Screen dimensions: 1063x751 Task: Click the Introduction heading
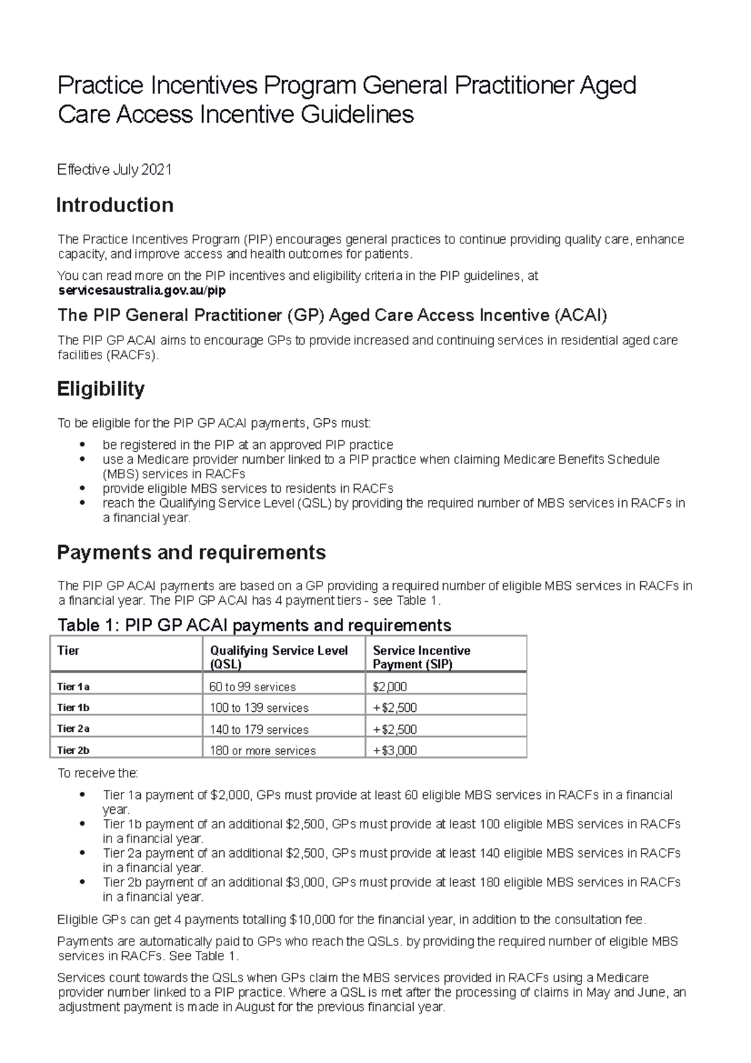click(115, 205)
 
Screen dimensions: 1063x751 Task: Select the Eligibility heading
click(101, 389)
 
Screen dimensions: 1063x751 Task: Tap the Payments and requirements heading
click(191, 552)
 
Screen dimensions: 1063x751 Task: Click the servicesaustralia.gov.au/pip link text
click(141, 290)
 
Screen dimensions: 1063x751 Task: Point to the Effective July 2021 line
click(115, 170)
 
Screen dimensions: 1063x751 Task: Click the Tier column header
click(68, 650)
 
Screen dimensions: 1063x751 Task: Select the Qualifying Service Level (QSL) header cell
click(278, 657)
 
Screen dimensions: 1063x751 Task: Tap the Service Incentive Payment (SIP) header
click(421, 657)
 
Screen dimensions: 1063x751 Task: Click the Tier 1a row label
click(73, 687)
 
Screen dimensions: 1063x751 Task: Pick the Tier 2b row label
click(73, 750)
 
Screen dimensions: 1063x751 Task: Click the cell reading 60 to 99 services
click(252, 687)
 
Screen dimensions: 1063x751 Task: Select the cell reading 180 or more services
click(262, 750)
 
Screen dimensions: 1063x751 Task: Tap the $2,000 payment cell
click(389, 687)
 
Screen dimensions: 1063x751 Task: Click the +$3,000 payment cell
click(394, 750)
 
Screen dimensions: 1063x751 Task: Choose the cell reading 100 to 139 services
click(258, 708)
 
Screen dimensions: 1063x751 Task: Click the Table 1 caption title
click(254, 625)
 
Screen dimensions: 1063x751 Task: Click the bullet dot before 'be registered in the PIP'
click(82, 445)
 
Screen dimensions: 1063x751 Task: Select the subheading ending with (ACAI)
click(332, 315)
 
